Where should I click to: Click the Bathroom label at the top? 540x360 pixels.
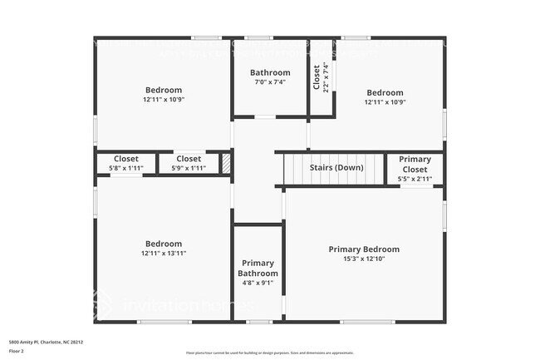271,72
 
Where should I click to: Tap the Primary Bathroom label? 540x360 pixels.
257,268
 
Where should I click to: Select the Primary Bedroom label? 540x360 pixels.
364,249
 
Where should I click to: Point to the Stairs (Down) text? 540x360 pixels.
336,167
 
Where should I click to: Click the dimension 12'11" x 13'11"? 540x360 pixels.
163,253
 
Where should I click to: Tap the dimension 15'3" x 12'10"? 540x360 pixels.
364,259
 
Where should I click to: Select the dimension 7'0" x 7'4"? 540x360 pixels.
271,81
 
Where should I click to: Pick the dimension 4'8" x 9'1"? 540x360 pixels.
257,282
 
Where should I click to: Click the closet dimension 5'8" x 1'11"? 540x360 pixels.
126,168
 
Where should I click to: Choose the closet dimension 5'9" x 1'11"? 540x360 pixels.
189,168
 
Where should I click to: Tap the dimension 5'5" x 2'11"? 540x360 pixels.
415,178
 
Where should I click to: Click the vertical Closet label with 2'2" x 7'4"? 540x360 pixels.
317,77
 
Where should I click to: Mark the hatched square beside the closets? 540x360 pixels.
225,163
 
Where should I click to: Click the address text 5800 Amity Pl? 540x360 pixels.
46,342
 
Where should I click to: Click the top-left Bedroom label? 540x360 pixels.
163,90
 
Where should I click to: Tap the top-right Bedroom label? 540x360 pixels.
385,92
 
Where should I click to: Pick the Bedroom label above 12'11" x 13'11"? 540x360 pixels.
163,244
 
